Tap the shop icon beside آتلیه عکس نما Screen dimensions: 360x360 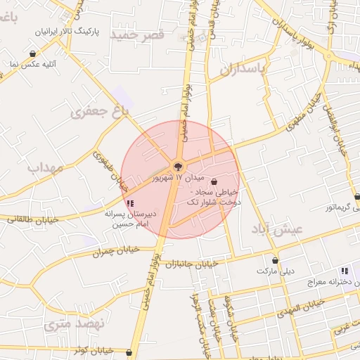point(33,54)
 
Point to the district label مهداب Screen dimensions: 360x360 point(46,167)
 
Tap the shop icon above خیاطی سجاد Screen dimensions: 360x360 point(214,181)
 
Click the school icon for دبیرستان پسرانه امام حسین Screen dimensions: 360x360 point(130,203)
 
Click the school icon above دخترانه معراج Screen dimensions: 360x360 point(344,271)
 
